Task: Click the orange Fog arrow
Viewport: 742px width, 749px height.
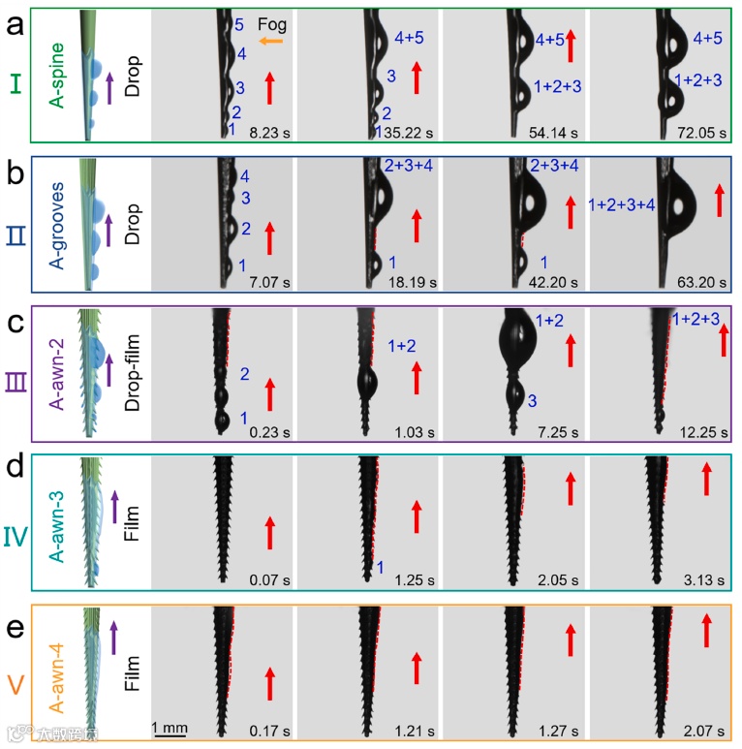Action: (270, 41)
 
